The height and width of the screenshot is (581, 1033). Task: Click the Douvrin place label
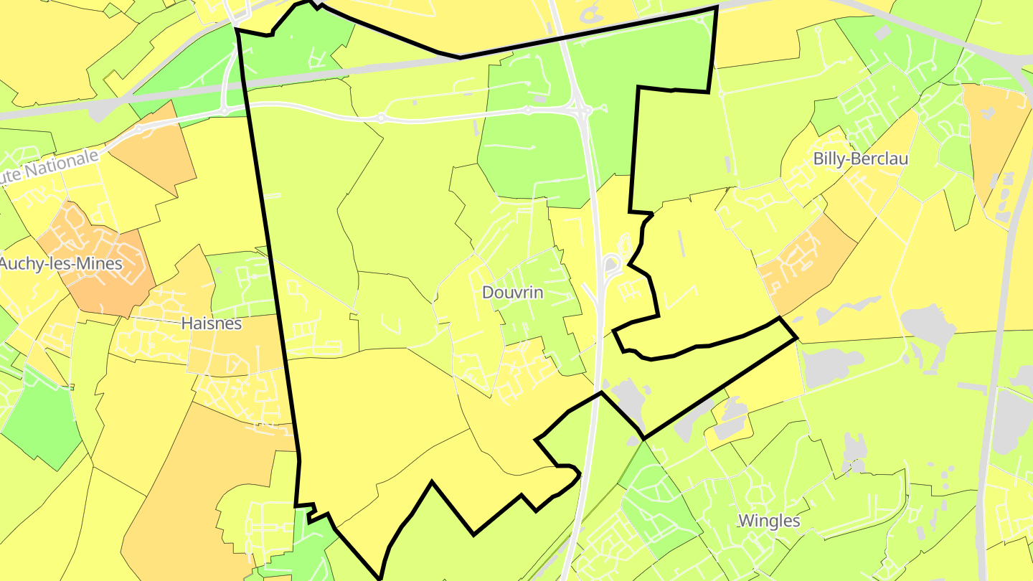tap(512, 293)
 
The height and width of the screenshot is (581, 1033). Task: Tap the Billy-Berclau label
tap(860, 159)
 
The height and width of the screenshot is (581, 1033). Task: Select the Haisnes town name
tap(211, 323)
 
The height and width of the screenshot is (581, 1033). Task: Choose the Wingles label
tap(769, 521)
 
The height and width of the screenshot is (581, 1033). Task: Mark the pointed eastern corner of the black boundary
tap(796, 338)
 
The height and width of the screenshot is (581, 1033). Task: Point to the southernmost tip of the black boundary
tap(380, 578)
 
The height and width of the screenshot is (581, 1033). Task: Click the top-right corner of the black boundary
tap(717, 7)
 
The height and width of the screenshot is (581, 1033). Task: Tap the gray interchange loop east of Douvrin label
tap(610, 265)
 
